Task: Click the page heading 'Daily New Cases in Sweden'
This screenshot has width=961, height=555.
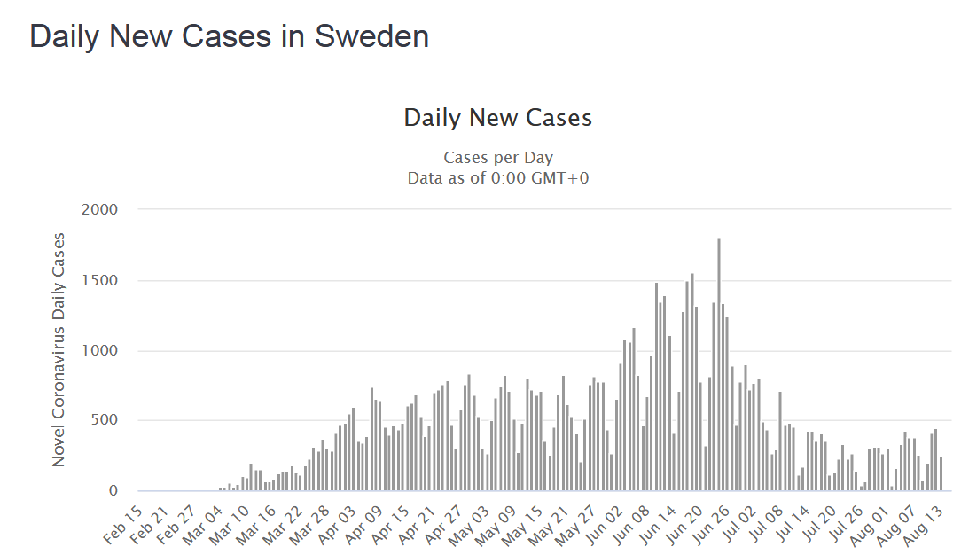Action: pyautogui.click(x=229, y=36)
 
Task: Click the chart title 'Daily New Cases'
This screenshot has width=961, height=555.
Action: pyautogui.click(x=497, y=118)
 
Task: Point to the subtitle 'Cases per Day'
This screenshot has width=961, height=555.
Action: pyautogui.click(x=497, y=158)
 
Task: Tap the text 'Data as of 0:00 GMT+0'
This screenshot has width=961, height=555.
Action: pyautogui.click(x=497, y=177)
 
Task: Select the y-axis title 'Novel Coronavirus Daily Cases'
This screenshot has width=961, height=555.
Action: pyautogui.click(x=59, y=349)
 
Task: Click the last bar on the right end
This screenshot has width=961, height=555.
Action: pyautogui.click(x=941, y=473)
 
